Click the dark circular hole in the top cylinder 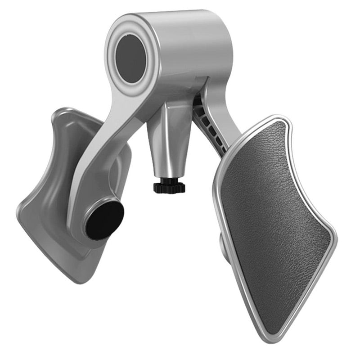point(130,58)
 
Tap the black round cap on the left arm point(104,220)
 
